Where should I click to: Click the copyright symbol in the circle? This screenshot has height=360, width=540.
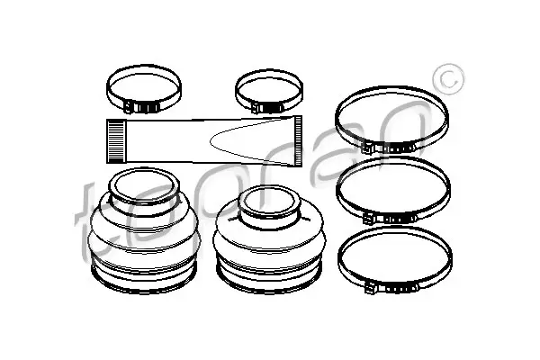coord(449,79)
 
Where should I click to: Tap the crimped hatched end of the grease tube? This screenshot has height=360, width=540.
coord(115,141)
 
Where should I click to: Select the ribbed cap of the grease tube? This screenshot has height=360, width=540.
coord(298,141)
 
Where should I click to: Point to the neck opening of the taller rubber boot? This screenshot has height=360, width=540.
coord(144,186)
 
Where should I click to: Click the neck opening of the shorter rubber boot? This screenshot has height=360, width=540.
coord(269,202)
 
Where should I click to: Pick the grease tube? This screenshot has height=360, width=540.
coord(204,141)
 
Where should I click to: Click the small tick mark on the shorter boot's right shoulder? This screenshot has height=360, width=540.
coord(305,218)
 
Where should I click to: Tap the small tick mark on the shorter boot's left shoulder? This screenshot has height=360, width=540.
coord(232,218)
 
